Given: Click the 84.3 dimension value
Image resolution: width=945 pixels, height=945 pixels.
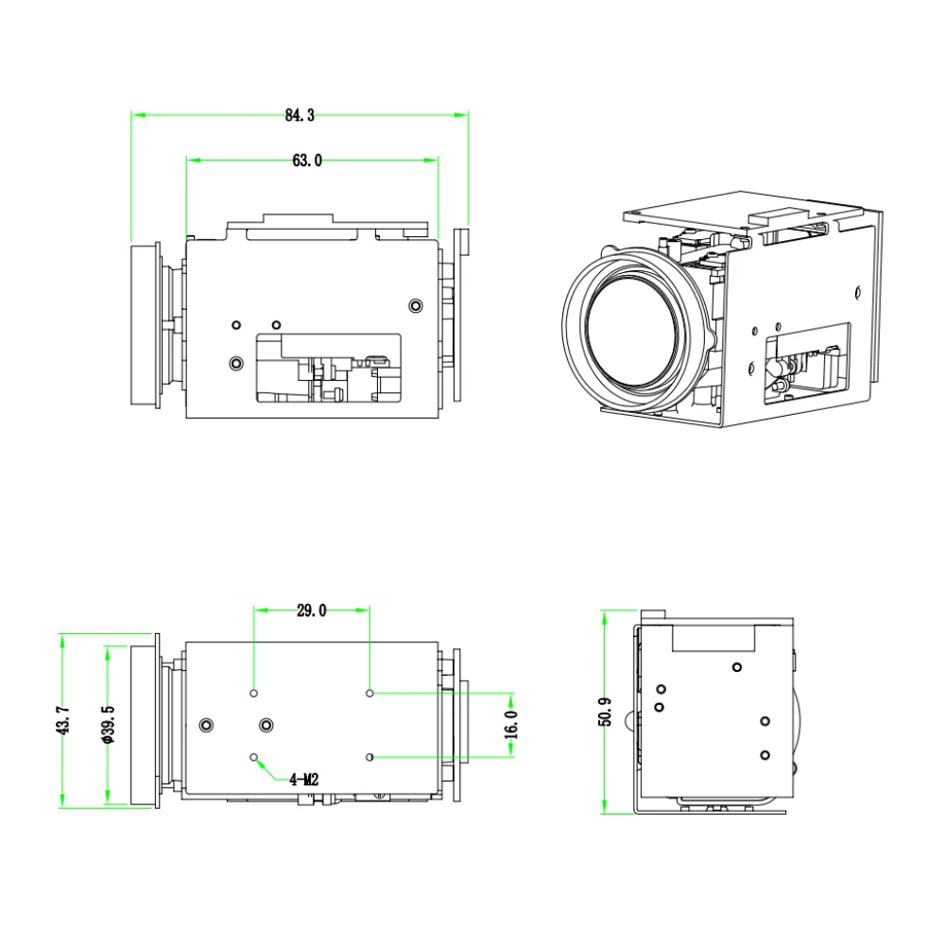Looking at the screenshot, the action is click(x=300, y=115).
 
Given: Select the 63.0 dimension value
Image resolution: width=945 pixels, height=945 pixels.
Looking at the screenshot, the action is click(x=307, y=161).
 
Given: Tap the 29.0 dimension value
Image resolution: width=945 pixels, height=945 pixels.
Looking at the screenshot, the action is click(x=311, y=610).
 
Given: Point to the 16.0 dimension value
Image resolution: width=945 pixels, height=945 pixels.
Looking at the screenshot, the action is click(x=511, y=724).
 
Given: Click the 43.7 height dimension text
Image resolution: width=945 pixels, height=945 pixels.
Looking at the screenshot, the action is click(x=63, y=721).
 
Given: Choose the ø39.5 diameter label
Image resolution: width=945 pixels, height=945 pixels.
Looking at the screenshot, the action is click(x=109, y=725).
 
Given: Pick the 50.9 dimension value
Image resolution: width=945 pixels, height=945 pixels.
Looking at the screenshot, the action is click(x=605, y=712).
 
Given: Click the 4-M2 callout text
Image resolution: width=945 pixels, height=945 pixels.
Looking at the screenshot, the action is click(x=303, y=780).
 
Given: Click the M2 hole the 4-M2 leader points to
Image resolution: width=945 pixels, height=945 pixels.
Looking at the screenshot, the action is click(x=253, y=757).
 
